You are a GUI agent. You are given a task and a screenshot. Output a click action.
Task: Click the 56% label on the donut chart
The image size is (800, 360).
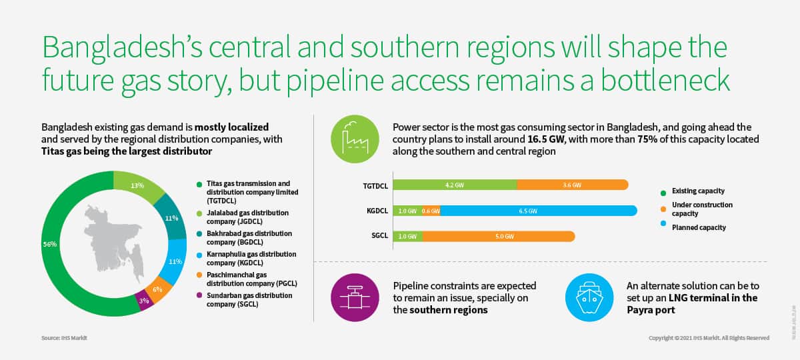(x=50, y=244)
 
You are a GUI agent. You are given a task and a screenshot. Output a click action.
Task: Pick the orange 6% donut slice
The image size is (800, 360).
(x=158, y=289)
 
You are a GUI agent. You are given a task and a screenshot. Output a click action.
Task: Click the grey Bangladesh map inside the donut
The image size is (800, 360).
(x=114, y=243)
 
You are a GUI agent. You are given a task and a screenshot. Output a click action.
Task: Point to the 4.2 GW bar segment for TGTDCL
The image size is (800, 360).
(x=455, y=185)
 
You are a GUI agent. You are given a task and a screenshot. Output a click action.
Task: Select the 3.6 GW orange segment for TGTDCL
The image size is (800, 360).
(x=573, y=185)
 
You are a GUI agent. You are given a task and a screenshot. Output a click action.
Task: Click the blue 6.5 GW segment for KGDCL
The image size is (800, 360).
(x=539, y=211)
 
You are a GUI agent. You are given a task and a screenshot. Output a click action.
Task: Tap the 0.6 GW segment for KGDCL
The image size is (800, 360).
(x=431, y=211)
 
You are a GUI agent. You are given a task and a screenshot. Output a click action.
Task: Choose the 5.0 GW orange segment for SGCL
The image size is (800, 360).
(x=499, y=237)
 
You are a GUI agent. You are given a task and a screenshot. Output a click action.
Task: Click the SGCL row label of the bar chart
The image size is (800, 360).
(x=379, y=236)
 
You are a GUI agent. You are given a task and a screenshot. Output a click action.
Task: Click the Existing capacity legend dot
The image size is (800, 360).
(x=663, y=193)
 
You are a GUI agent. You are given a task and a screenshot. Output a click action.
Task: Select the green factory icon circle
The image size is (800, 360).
(x=355, y=139)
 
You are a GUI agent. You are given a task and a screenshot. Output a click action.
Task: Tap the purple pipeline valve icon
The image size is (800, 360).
(x=355, y=297)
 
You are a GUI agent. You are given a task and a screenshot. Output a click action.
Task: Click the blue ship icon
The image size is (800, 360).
(x=589, y=297)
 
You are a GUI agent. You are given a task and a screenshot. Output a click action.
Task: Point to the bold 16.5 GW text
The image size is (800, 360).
(x=546, y=139)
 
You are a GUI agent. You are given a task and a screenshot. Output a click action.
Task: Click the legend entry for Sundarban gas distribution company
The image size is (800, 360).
(x=249, y=299)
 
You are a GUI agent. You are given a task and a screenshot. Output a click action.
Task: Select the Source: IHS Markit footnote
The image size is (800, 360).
(x=64, y=338)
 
